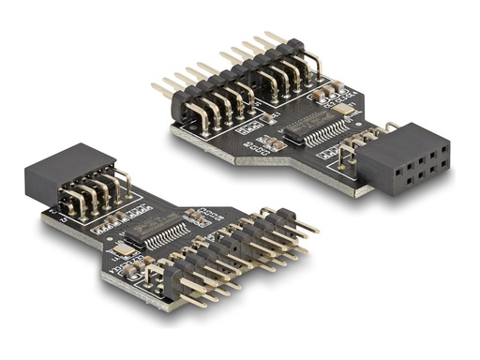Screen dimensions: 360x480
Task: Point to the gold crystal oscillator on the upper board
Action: click(349, 111)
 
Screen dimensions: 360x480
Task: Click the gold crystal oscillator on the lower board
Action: click(121, 252)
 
